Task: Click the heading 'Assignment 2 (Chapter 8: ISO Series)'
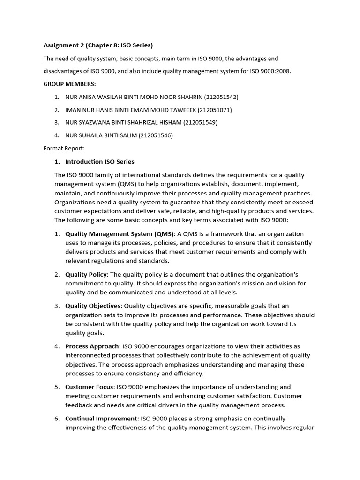[98, 45]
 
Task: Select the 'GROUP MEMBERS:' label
[69, 84]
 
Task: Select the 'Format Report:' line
[64, 149]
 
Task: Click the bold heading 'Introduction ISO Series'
[99, 162]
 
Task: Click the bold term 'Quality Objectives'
[93, 306]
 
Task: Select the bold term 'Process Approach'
[92, 346]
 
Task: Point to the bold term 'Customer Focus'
[90, 387]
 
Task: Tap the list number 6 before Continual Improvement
[56, 419]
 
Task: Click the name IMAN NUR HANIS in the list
[89, 110]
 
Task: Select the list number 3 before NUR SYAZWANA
[56, 123]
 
